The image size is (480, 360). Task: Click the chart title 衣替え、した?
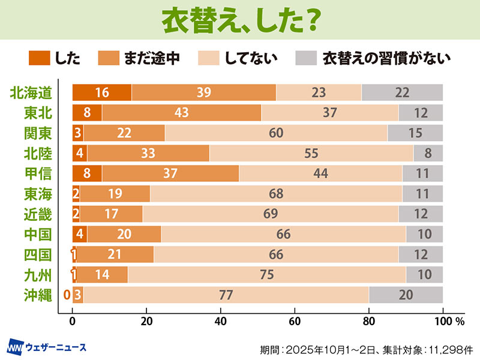tap(240, 20)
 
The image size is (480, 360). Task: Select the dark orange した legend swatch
tap(39, 58)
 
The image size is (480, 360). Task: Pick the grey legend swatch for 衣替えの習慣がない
tap(306, 58)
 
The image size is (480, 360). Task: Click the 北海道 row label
tap(35, 92)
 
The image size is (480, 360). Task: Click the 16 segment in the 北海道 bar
tap(101, 92)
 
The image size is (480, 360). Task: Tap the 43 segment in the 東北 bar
tap(181, 113)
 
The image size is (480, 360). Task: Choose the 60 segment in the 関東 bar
tap(276, 133)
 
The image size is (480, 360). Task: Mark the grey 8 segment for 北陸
tap(428, 153)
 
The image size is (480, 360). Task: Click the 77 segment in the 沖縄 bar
tap(226, 295)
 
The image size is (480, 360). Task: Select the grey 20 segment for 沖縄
tap(406, 295)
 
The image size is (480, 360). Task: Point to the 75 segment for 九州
tap(267, 274)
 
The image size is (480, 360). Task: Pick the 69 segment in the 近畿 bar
tap(270, 214)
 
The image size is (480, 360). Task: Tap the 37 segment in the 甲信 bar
tap(170, 173)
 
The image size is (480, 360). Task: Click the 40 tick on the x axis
tap(221, 321)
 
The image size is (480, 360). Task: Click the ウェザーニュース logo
tap(47, 347)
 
